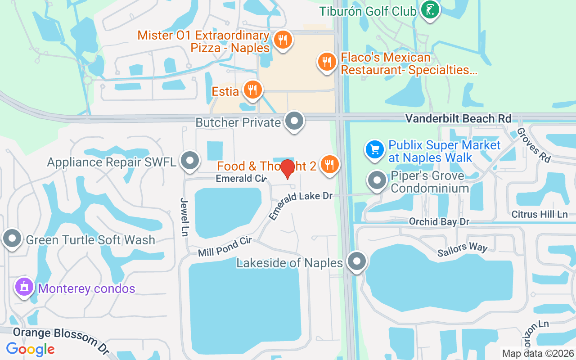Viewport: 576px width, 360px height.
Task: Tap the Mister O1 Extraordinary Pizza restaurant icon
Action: (282, 40)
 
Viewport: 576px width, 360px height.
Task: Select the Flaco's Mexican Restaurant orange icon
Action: (327, 62)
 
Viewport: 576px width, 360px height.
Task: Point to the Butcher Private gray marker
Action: (295, 121)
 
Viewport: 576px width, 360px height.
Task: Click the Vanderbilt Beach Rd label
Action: (458, 118)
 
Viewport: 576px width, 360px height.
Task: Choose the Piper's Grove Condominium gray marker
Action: (377, 181)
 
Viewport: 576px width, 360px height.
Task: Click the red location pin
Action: (288, 169)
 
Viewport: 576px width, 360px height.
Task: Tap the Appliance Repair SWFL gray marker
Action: (190, 161)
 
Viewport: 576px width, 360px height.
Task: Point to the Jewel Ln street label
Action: (184, 217)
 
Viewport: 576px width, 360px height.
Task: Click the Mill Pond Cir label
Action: (225, 247)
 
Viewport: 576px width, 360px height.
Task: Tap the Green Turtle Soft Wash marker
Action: (12, 239)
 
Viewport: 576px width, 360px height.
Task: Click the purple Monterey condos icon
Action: (24, 287)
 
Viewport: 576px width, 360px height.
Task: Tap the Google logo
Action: (30, 349)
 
